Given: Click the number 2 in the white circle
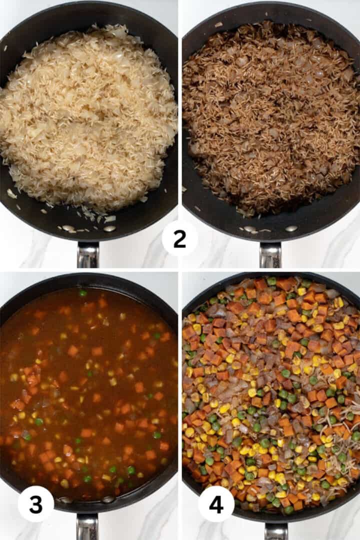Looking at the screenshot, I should (179, 239).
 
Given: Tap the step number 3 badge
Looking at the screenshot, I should (36, 504).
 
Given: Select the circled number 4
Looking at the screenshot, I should (216, 504).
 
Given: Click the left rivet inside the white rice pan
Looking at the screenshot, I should (68, 228).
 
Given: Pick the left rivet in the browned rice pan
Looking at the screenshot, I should (249, 228).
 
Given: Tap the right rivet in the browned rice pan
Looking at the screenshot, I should (291, 228).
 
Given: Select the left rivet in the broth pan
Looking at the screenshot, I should (65, 499).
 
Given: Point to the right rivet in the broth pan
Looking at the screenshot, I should (108, 499).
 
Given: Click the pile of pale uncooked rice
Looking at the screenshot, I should (90, 115).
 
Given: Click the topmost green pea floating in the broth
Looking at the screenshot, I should (82, 293).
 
